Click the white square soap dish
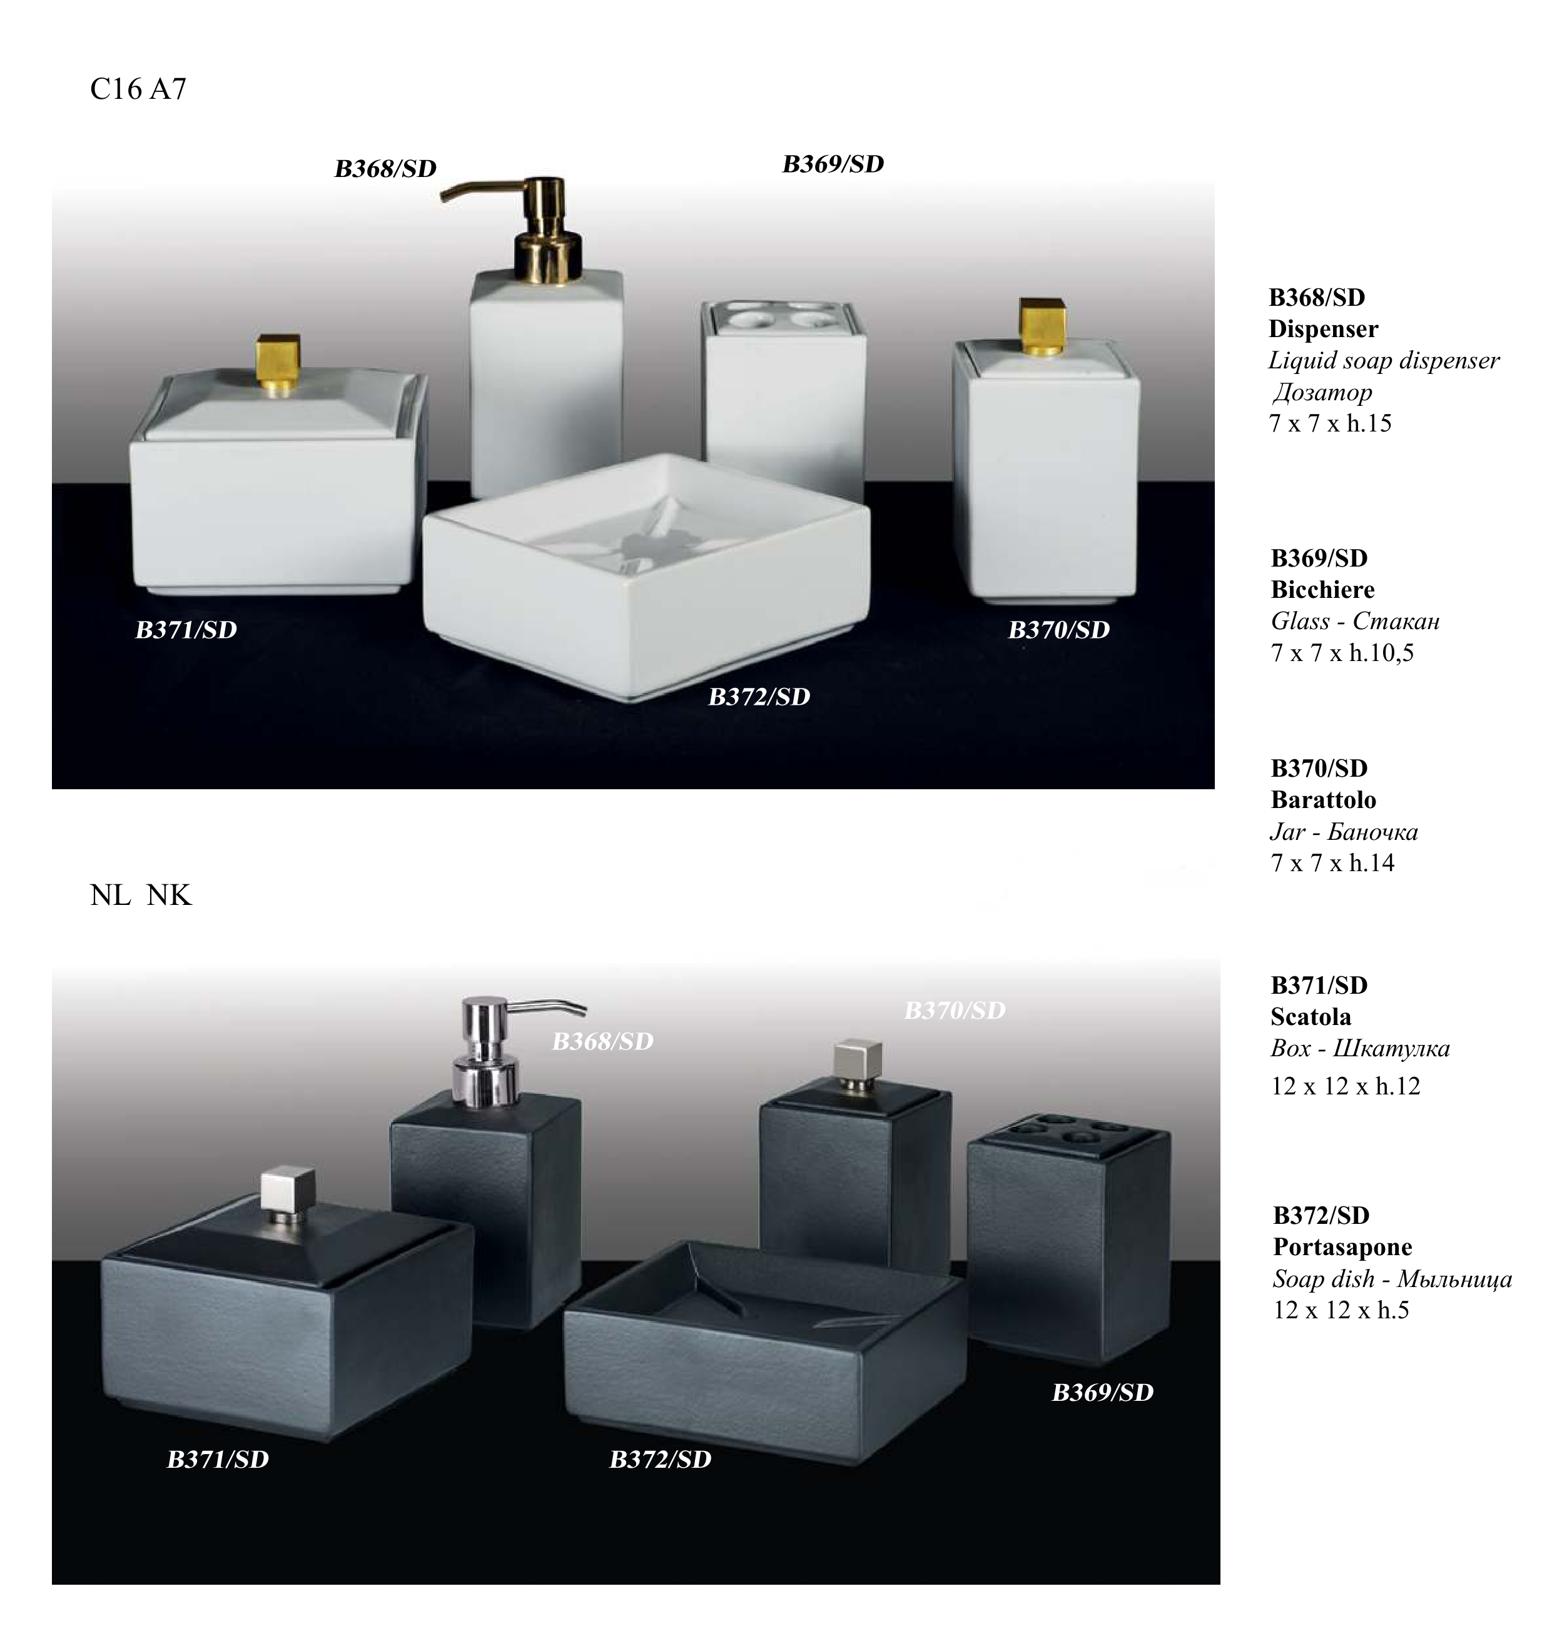[646, 575]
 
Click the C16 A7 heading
[138, 89]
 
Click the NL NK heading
[141, 895]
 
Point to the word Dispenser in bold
[1323, 329]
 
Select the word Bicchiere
[1322, 590]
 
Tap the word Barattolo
[1323, 799]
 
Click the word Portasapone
[1342, 1246]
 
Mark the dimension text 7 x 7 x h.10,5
[1342, 653]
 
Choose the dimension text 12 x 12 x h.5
[1341, 1310]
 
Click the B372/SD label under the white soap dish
[759, 697]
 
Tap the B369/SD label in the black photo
[1102, 1392]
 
